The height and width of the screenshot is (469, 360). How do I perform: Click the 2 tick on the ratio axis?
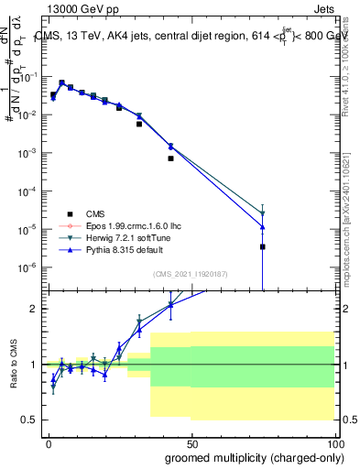[x=35, y=309]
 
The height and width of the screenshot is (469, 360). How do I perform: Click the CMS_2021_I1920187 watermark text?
[x=191, y=272]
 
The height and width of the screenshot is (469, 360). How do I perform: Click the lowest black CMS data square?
[x=262, y=246]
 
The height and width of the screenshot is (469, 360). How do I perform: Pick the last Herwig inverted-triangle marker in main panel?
[x=262, y=213]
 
